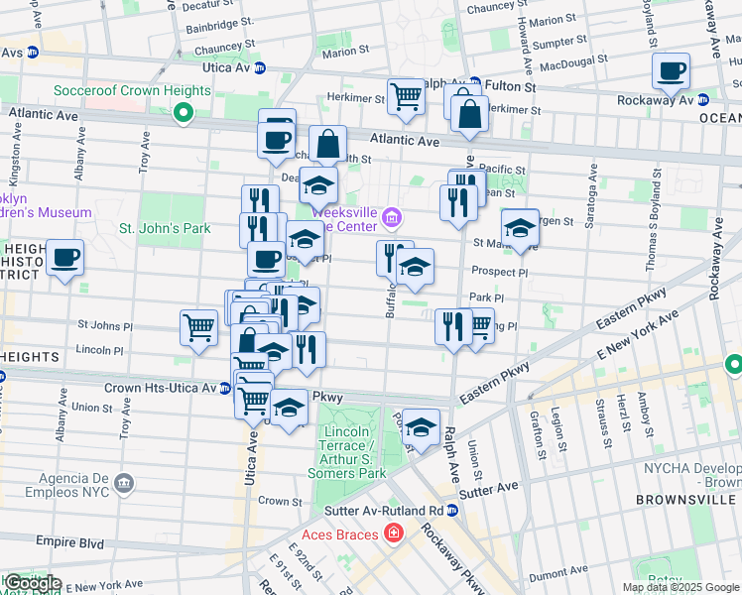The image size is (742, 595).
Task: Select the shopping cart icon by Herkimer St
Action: click(x=406, y=96)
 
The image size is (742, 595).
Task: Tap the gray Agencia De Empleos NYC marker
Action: click(x=124, y=483)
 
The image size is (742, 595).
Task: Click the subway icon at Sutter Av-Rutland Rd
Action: click(x=451, y=511)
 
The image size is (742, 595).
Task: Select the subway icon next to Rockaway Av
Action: click(x=702, y=100)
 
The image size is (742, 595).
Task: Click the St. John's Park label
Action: click(x=165, y=229)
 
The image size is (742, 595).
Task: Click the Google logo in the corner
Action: click(x=33, y=583)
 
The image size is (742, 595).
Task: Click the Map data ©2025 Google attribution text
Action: click(x=680, y=587)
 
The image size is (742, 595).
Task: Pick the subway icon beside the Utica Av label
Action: click(x=260, y=67)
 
